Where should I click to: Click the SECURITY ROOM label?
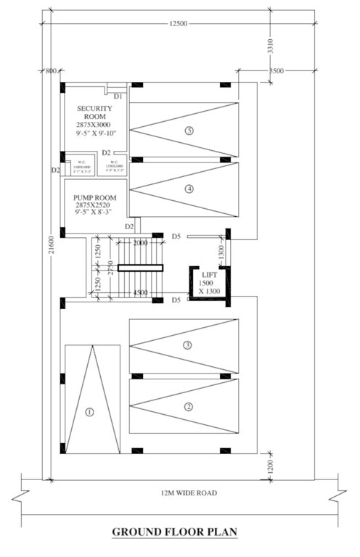(x=94, y=112)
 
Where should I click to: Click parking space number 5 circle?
(x=189, y=131)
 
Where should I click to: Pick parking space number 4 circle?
(x=189, y=189)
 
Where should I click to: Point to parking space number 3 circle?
(x=187, y=345)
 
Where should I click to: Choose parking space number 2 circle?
(x=188, y=406)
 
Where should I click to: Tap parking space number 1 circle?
(x=90, y=412)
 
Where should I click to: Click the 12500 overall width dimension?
(x=178, y=24)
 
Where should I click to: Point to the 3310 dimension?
(x=270, y=47)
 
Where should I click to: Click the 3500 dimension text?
(x=276, y=71)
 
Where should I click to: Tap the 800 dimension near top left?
(x=50, y=71)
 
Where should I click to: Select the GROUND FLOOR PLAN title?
(x=174, y=532)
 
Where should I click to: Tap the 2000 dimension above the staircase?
(x=140, y=243)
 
